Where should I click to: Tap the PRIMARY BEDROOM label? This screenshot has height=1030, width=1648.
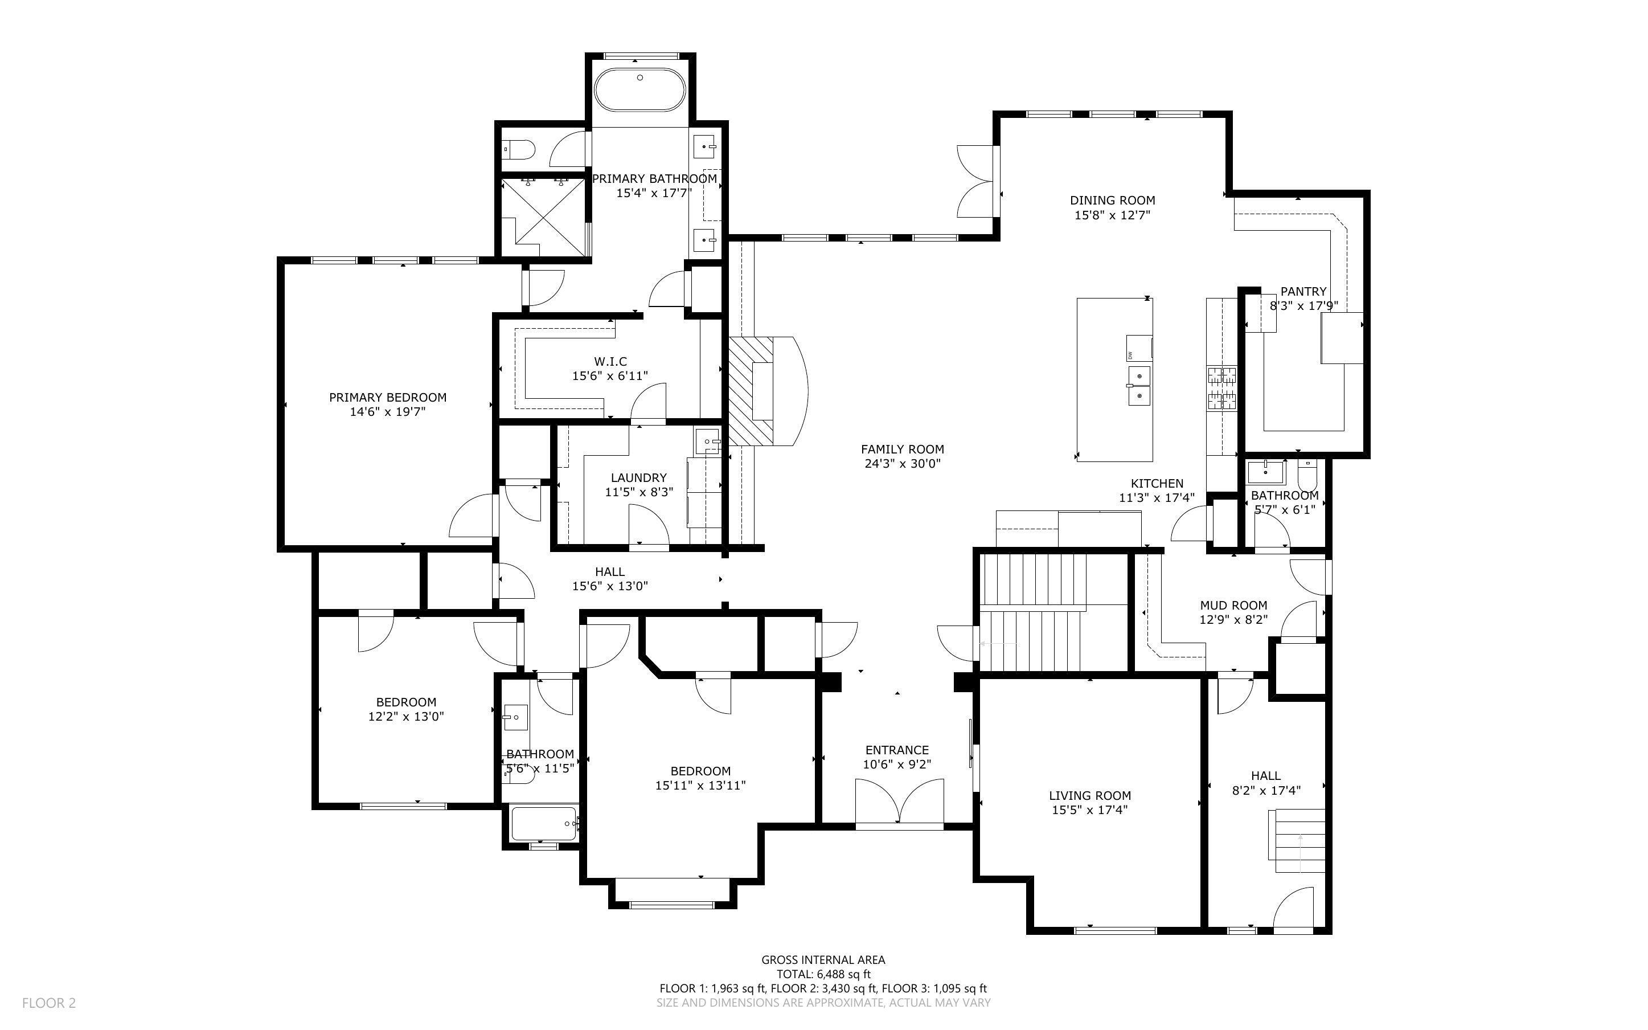point(387,397)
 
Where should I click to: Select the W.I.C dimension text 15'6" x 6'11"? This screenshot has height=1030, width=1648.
point(609,375)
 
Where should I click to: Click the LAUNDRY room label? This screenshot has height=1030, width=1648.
point(638,477)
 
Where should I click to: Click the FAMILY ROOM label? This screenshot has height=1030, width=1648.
point(902,449)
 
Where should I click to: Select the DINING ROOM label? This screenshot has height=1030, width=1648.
point(1112,201)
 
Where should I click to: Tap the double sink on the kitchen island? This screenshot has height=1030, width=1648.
point(1139,385)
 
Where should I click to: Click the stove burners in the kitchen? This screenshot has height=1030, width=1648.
point(1221,389)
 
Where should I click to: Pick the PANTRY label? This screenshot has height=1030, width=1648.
point(1303,292)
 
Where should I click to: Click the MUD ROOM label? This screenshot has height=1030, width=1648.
point(1233,605)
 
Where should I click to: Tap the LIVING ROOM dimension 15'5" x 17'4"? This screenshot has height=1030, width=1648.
point(1089,810)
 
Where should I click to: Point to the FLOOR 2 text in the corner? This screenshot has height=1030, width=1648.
point(49,1003)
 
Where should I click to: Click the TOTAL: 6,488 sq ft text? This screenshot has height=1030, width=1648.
point(823,974)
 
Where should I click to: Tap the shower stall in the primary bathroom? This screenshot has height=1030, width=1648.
point(543,216)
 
